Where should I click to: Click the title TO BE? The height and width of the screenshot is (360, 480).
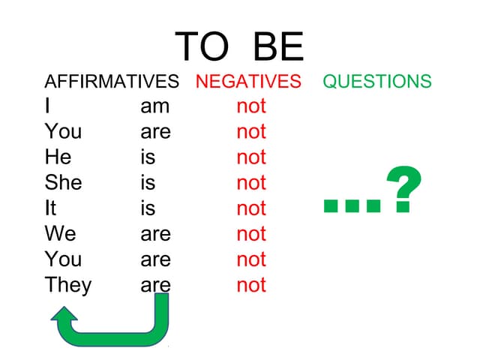(239, 46)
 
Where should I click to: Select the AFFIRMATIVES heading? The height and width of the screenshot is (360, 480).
(112, 82)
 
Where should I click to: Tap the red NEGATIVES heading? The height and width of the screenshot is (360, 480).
(248, 82)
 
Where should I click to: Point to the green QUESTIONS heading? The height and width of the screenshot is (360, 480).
(377, 82)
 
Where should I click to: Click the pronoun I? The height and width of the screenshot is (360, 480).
(48, 106)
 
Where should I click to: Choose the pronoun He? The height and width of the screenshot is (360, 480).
(58, 157)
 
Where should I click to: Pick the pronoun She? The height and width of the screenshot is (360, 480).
(63, 183)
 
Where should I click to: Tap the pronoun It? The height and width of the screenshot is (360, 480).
(51, 208)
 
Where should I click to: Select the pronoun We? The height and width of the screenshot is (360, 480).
(60, 234)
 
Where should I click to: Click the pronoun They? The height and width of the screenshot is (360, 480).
(67, 285)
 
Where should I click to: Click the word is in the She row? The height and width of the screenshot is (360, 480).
(148, 183)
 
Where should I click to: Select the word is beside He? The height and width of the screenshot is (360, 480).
(148, 157)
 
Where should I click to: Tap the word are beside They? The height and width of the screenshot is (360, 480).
(155, 286)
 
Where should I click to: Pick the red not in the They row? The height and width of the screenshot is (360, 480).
(251, 286)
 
